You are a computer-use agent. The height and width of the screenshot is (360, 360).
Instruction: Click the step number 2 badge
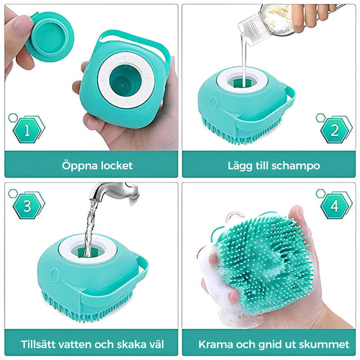coord(334,131)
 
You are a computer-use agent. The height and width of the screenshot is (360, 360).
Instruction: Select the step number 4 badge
coord(334,206)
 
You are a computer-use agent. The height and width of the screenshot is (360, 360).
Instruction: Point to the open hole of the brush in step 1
coord(125,81)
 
